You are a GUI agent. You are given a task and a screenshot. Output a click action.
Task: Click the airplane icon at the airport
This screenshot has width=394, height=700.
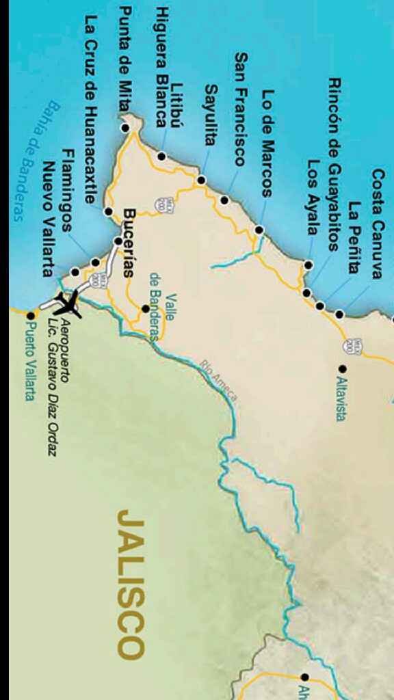tap(68, 304)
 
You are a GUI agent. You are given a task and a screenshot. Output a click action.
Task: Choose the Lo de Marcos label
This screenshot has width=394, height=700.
tap(267, 144)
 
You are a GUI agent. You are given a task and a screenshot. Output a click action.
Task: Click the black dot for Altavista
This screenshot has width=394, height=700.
tap(341, 368)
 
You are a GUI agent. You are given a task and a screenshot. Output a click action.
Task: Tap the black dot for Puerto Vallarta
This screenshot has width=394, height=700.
tap(30, 316)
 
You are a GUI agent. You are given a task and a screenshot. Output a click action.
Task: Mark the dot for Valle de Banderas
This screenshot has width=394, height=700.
tap(145, 309)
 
